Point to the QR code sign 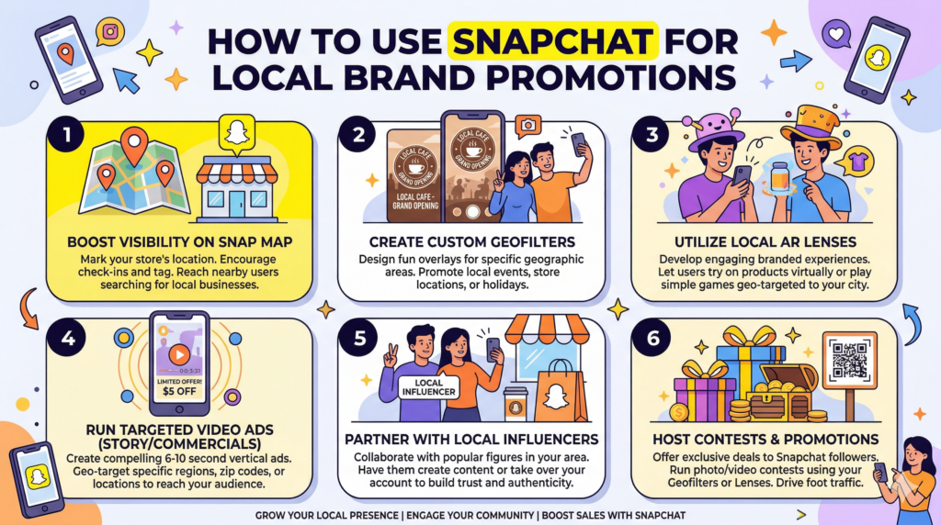point(849,363)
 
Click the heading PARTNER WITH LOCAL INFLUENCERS point(470,439)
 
